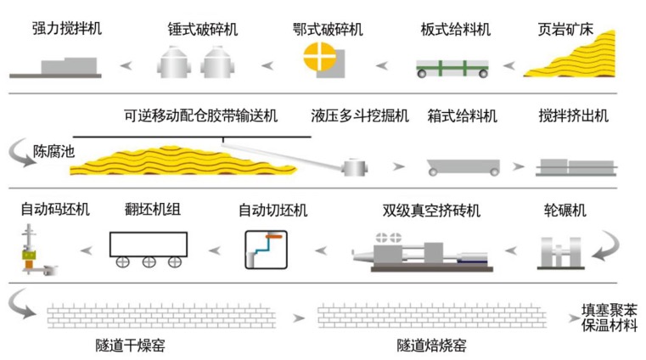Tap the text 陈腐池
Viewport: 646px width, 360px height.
pyautogui.click(x=52, y=155)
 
